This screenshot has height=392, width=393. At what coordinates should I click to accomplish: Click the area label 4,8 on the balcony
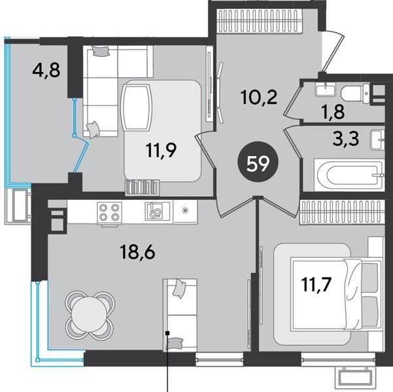[46, 71]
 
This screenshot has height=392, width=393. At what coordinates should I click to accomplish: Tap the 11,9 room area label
[162, 150]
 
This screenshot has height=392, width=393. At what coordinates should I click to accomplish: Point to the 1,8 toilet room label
[333, 112]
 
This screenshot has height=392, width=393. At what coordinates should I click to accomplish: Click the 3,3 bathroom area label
[346, 139]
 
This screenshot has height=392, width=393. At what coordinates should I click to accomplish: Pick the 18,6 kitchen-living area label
[137, 252]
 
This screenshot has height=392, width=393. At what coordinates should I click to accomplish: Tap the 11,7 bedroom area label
[316, 285]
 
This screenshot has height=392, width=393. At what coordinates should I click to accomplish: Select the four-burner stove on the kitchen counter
[109, 212]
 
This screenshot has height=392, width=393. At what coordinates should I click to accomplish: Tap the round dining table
[90, 315]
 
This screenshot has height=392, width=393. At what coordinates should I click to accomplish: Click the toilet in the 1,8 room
[355, 93]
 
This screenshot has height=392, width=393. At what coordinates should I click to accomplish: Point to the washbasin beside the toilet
[326, 90]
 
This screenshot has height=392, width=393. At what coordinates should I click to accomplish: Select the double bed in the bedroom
[337, 294]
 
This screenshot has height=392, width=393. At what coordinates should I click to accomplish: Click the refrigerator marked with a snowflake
[186, 212]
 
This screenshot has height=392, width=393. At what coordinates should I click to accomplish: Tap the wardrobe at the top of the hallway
[259, 21]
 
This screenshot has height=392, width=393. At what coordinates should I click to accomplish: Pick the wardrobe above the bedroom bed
[343, 212]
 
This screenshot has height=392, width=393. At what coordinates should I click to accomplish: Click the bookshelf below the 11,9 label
[142, 187]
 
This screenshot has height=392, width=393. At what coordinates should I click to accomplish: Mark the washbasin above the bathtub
[378, 140]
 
